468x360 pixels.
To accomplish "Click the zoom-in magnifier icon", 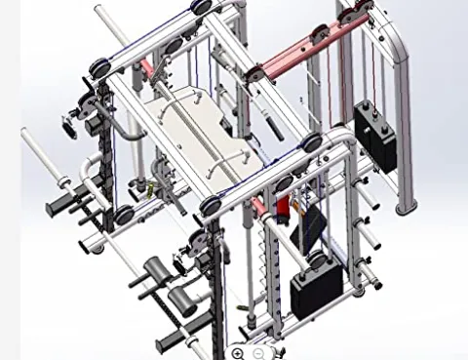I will [239, 353].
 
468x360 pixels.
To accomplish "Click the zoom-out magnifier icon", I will [259, 353].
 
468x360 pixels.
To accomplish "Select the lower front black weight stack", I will [317, 284].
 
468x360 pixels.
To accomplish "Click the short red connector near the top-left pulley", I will [146, 69].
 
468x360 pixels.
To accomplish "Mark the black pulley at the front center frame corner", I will [211, 206].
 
